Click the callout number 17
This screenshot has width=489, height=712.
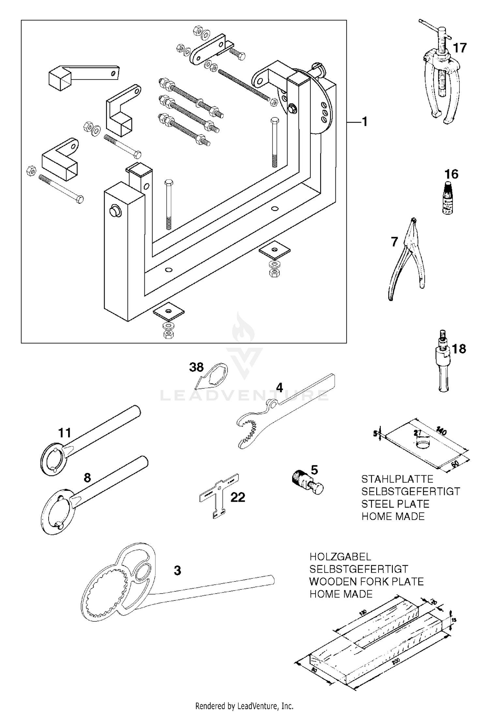[x=460, y=48]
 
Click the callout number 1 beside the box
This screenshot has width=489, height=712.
[x=364, y=122]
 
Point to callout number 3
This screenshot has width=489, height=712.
[x=177, y=570]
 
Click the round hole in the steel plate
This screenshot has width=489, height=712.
[x=423, y=444]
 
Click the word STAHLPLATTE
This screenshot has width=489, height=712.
[x=397, y=479]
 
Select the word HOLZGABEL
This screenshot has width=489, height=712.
[x=340, y=556]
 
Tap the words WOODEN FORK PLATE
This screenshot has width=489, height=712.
[x=366, y=582]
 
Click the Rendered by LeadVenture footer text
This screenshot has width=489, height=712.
[x=244, y=706]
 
